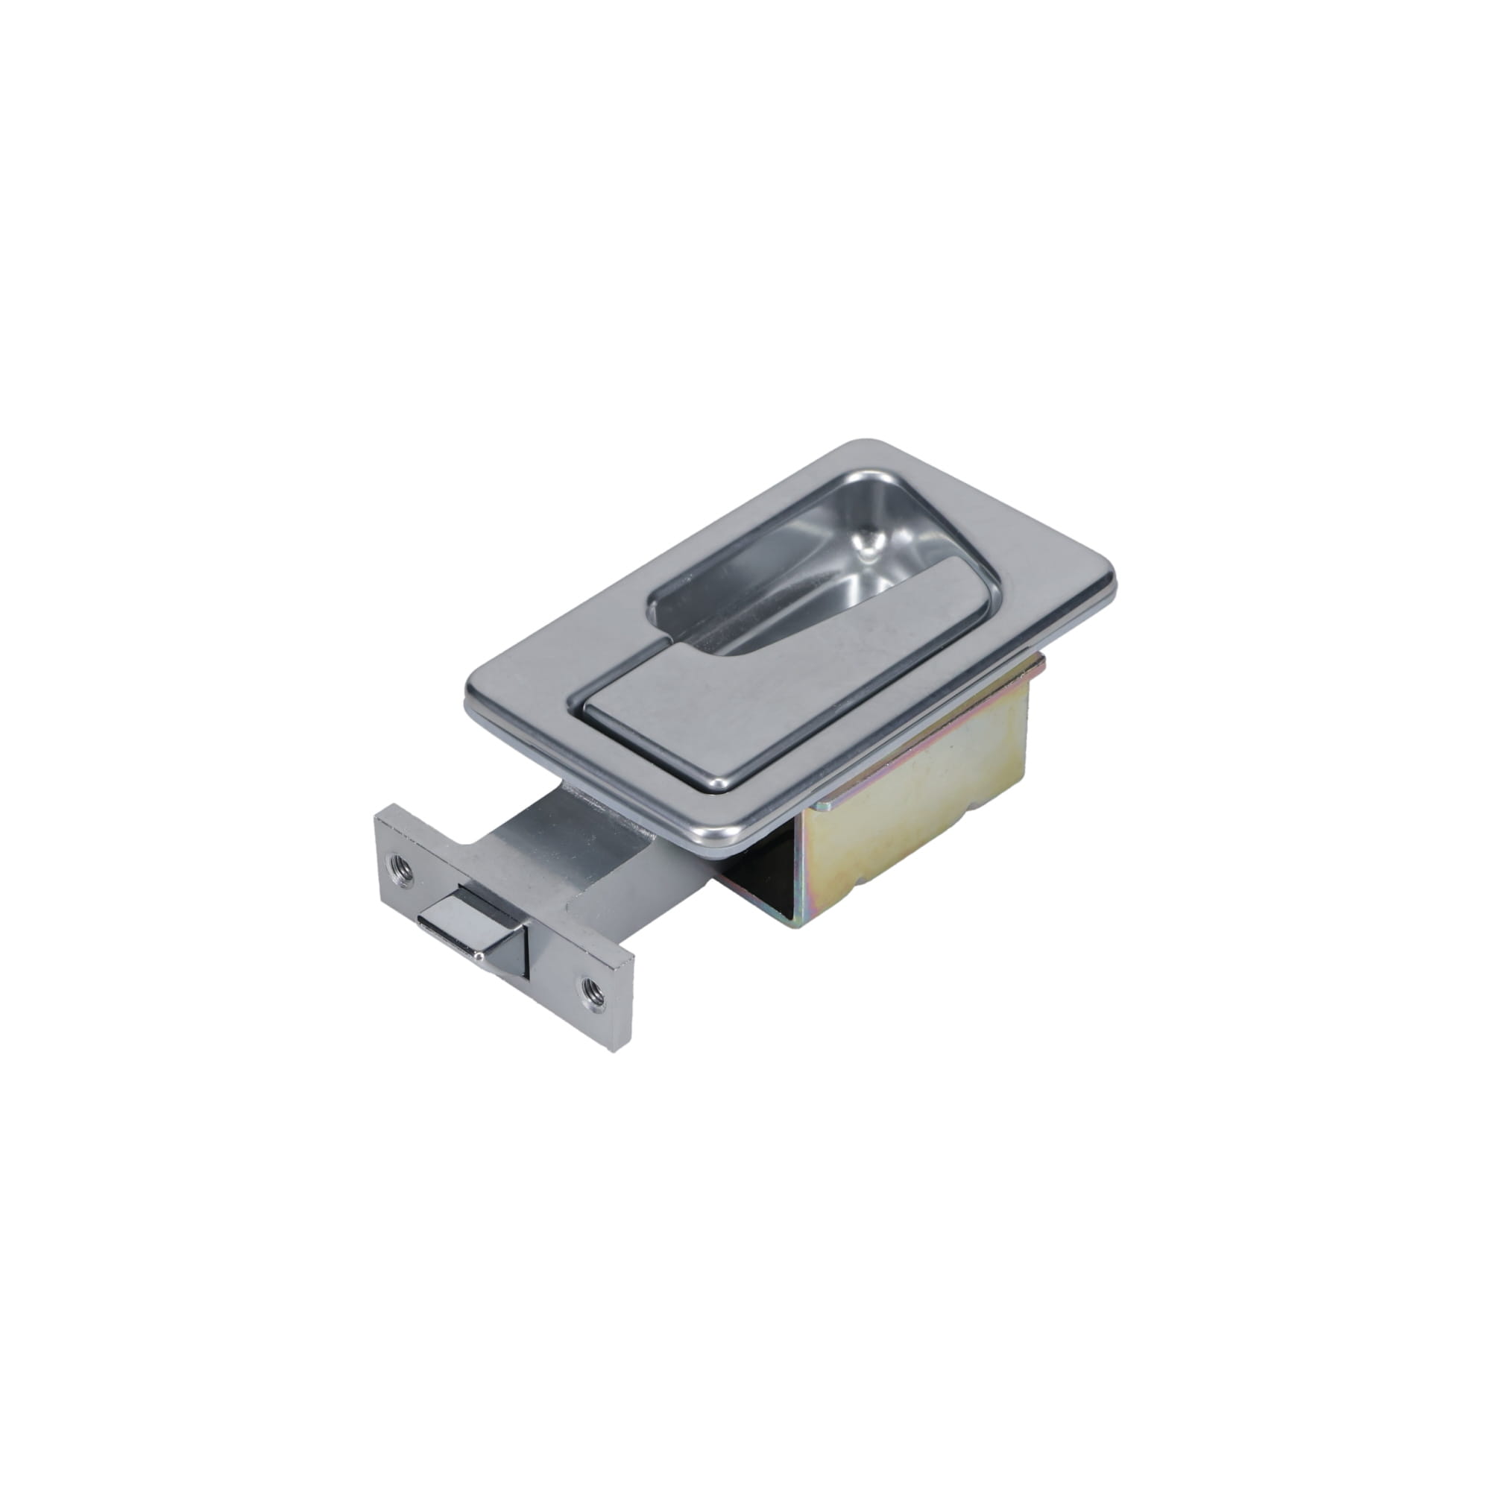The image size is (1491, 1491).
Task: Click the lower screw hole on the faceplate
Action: coord(593,988)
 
